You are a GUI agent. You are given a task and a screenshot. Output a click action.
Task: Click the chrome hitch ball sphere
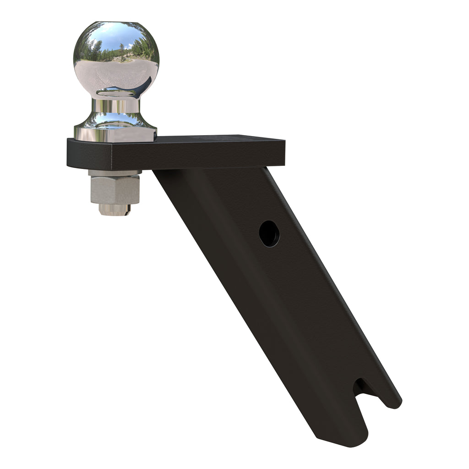[116, 60]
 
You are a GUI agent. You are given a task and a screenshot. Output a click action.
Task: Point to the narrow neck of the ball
[116, 106]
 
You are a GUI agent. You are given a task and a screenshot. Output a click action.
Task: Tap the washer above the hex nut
[115, 173]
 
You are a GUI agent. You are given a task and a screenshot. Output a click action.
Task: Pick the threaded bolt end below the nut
[115, 210]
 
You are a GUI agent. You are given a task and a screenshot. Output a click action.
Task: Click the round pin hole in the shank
[269, 234]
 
